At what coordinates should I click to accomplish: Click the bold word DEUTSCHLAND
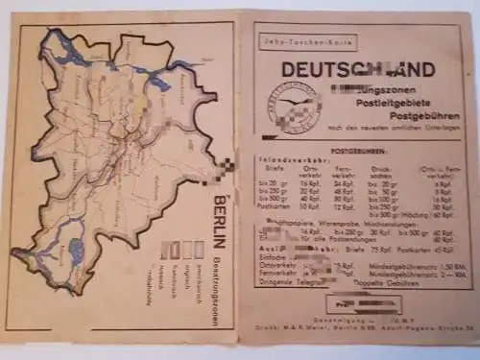click(x=357, y=69)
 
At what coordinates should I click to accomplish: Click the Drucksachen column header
click(x=359, y=174)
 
